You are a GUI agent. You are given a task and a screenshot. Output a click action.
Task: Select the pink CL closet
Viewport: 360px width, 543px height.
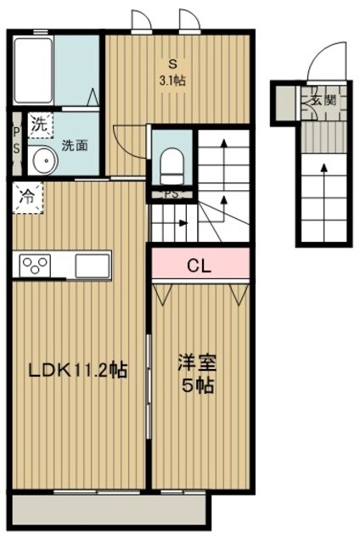200,265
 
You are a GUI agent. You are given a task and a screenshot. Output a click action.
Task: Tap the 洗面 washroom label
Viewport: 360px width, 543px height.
74,146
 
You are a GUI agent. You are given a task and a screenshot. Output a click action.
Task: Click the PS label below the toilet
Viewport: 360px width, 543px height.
172,194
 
